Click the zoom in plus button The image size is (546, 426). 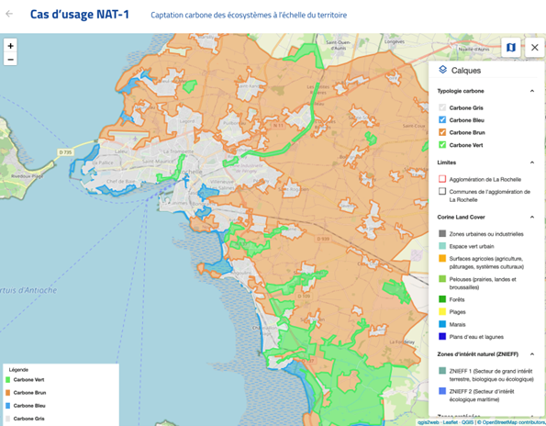pos(10,46)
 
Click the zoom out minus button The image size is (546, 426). pos(10,60)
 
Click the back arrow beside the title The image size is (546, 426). pos(10,15)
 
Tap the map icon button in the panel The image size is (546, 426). pos(510,47)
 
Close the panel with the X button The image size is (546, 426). pos(534,47)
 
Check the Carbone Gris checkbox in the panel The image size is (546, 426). pos(442,108)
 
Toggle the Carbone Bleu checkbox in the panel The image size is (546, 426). pos(442,120)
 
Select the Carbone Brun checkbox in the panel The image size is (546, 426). pos(442,132)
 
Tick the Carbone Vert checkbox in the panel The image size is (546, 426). pos(442,144)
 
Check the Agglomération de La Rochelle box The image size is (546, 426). pos(442,179)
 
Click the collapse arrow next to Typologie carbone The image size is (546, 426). pos(531,91)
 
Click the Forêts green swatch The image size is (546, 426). pos(442,297)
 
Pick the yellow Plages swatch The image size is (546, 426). pos(442,310)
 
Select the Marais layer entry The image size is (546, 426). pos(462,323)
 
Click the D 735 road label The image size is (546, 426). pos(65,151)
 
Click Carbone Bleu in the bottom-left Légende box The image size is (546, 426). pos(29,405)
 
